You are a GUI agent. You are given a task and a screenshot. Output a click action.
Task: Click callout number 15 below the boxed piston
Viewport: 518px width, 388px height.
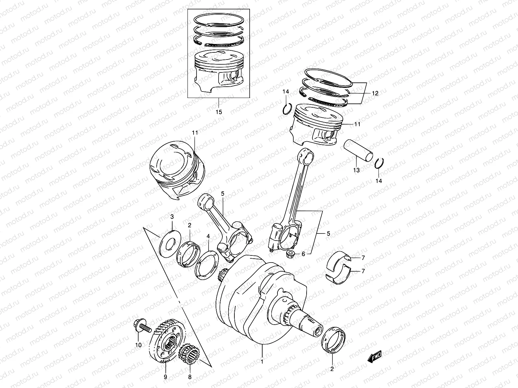pyautogui.click(x=219, y=112)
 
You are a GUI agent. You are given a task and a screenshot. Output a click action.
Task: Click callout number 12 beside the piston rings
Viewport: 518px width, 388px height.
pyautogui.click(x=375, y=93)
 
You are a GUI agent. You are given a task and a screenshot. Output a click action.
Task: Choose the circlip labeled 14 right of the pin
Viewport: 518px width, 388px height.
pyautogui.click(x=379, y=164)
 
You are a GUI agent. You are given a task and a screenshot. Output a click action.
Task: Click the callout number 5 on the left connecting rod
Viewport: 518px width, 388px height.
pyautogui.click(x=223, y=193)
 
